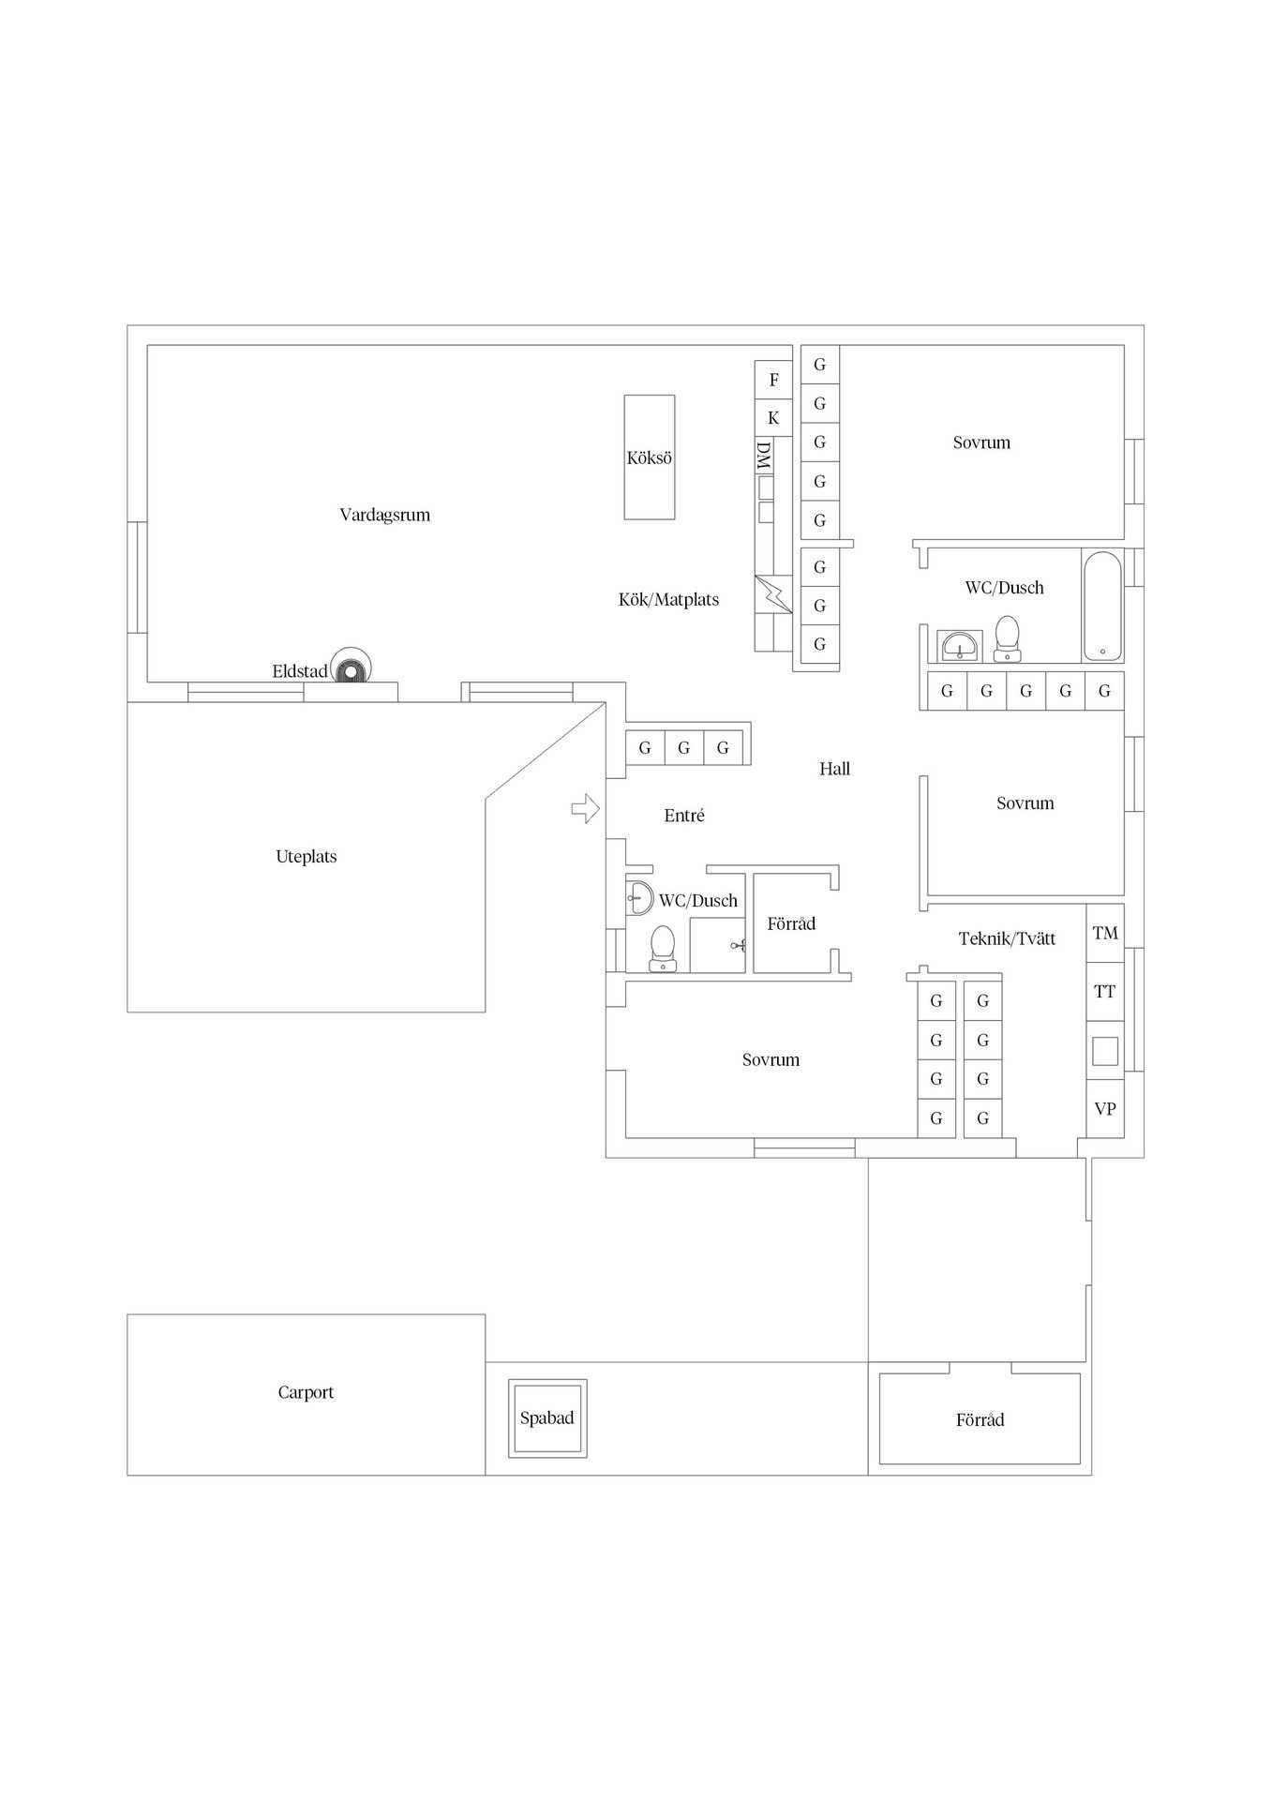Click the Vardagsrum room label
pyautogui.click(x=384, y=515)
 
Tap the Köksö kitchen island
pyautogui.click(x=650, y=457)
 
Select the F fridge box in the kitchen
pyautogui.click(x=773, y=380)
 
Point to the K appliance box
pyautogui.click(x=773, y=417)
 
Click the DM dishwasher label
pyautogui.click(x=764, y=456)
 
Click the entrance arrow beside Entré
pyautogui.click(x=586, y=807)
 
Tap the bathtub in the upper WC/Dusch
pyautogui.click(x=1102, y=606)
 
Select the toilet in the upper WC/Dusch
pyautogui.click(x=1008, y=638)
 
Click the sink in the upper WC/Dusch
pyautogui.click(x=960, y=646)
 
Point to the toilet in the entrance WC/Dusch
pyautogui.click(x=663, y=948)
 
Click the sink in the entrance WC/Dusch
pyautogui.click(x=639, y=897)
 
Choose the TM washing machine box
pyautogui.click(x=1105, y=933)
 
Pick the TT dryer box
pyautogui.click(x=1105, y=991)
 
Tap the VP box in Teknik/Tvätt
pyautogui.click(x=1105, y=1108)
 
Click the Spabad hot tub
pyautogui.click(x=547, y=1417)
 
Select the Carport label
pyautogui.click(x=306, y=1392)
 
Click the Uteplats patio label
pyautogui.click(x=307, y=856)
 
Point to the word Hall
pyautogui.click(x=834, y=769)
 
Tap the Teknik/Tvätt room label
pyautogui.click(x=1007, y=937)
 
